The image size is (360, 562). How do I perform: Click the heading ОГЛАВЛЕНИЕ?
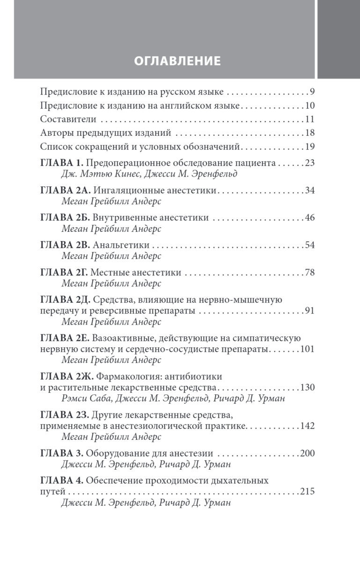(x=177, y=61)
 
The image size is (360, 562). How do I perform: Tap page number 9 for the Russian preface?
(x=312, y=91)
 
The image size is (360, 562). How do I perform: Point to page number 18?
(x=309, y=133)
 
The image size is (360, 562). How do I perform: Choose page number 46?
(x=309, y=218)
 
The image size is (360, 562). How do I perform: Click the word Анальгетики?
(x=121, y=245)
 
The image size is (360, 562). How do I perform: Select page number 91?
(x=309, y=311)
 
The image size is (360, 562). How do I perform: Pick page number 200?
(x=307, y=453)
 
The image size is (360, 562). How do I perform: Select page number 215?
(x=307, y=492)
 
